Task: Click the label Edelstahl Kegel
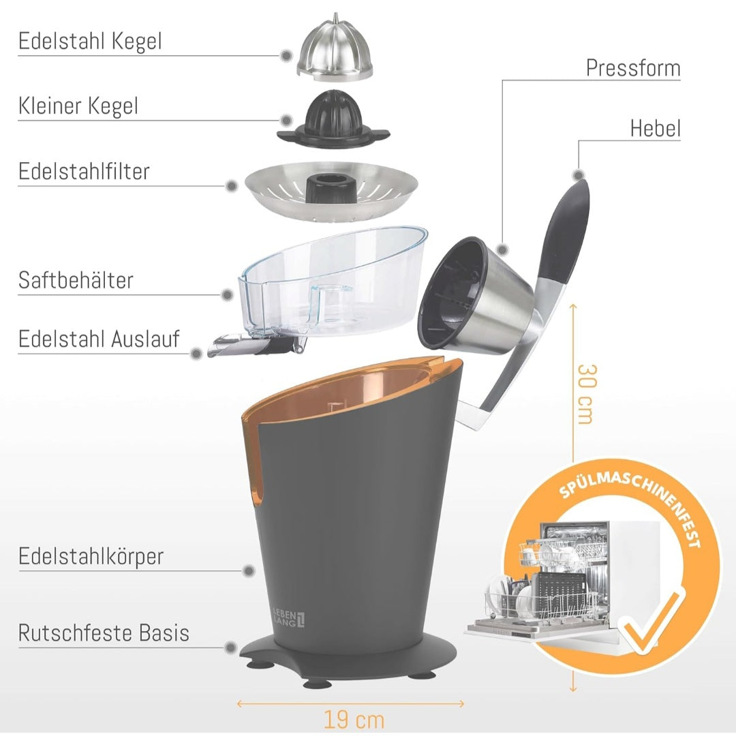(90, 42)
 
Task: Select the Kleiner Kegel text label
(78, 106)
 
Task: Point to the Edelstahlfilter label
(84, 172)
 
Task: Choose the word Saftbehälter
(76, 280)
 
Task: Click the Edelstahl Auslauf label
(99, 339)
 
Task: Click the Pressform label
(633, 68)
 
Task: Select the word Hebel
(655, 128)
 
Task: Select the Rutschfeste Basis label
(104, 633)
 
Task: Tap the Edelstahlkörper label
(91, 556)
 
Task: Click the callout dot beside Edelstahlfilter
(232, 185)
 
